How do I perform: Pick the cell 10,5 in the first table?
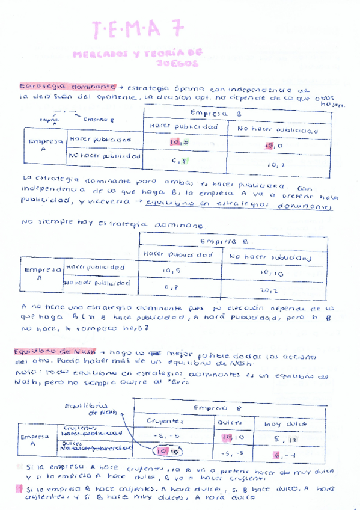(178, 143)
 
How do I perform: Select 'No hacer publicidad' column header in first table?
(276, 129)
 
